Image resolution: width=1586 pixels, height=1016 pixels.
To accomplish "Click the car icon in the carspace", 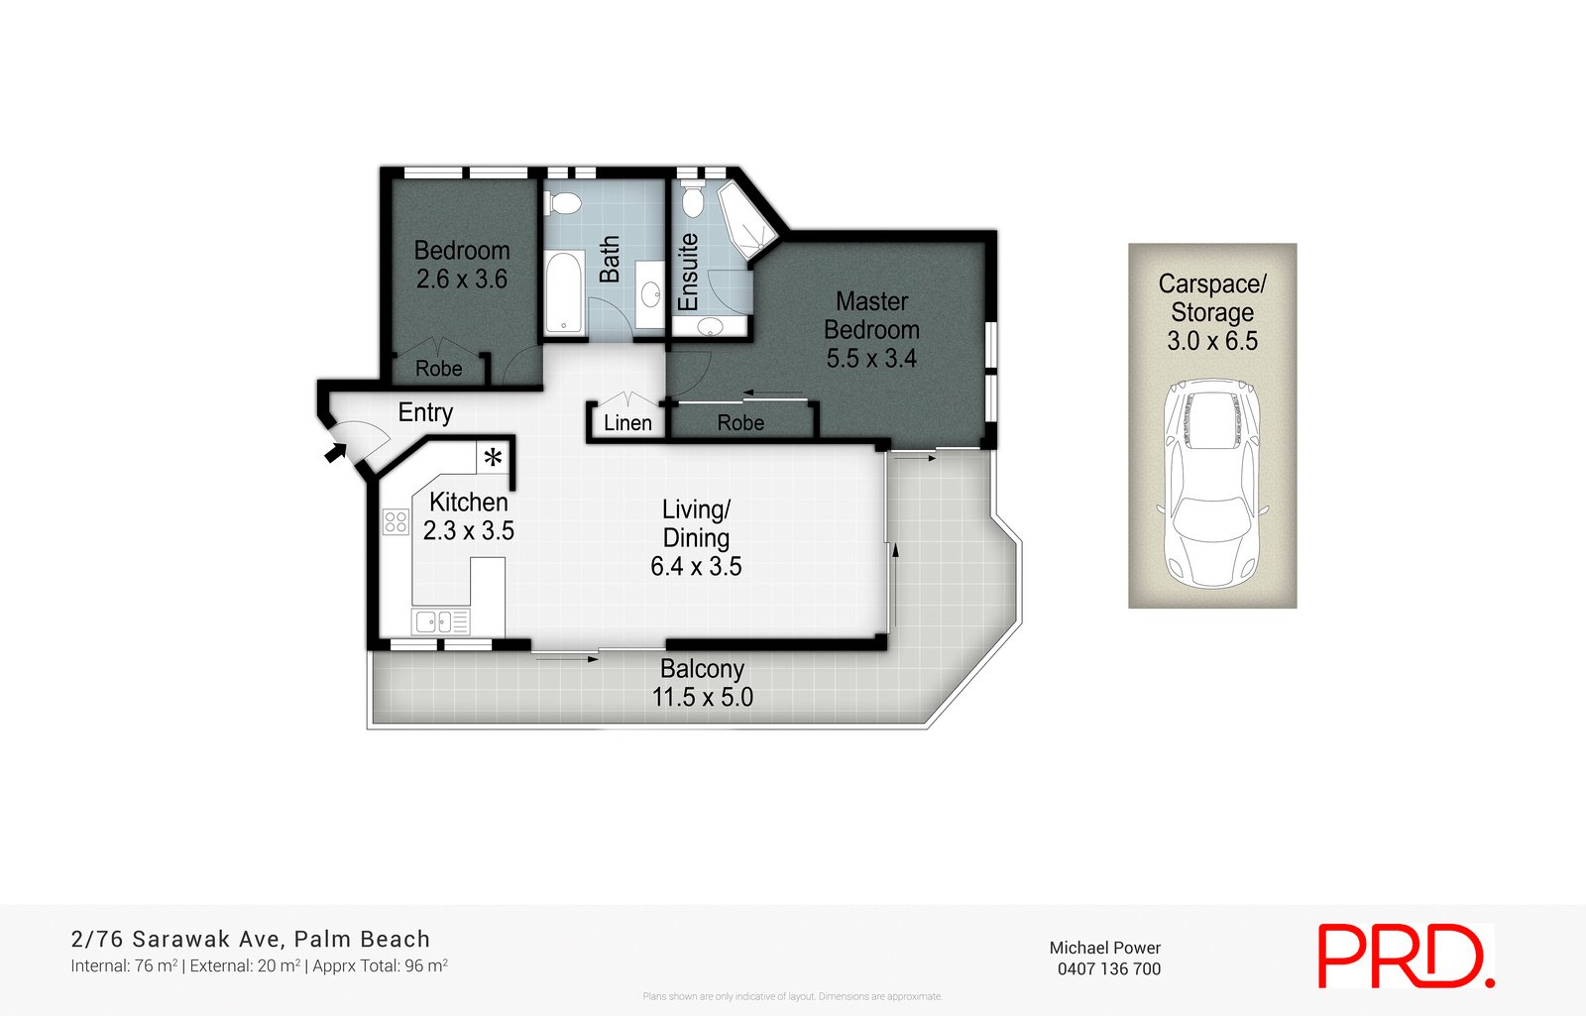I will click(1211, 483).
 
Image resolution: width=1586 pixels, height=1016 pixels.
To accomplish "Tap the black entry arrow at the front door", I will click(336, 453).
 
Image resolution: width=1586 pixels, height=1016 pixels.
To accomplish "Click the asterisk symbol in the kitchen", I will click(493, 458).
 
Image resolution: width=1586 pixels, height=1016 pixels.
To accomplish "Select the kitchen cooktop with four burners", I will click(396, 521).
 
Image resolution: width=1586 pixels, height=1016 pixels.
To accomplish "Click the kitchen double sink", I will click(440, 621).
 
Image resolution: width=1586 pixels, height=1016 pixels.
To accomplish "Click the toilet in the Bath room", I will click(565, 204).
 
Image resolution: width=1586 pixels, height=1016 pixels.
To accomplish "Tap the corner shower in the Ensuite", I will click(740, 220).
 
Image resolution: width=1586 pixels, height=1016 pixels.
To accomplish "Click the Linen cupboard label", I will click(627, 423).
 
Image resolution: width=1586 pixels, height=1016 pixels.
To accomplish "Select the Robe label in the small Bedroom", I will click(438, 369).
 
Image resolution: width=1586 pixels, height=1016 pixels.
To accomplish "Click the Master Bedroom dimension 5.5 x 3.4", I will click(871, 358).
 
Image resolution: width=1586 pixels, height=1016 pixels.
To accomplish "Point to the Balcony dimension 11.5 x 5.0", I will click(702, 697).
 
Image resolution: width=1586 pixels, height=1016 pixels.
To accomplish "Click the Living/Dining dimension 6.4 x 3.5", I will click(696, 566).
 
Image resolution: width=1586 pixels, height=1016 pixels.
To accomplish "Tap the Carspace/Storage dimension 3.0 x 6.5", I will click(1211, 341).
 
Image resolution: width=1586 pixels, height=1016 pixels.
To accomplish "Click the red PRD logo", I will click(1405, 956).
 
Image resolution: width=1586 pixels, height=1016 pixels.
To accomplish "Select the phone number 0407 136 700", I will click(1108, 968).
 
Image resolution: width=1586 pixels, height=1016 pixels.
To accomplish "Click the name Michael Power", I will click(1104, 948).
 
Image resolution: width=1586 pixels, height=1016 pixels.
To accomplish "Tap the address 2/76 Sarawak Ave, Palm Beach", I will click(251, 939).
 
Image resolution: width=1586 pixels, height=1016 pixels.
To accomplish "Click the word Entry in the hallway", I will click(425, 412).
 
